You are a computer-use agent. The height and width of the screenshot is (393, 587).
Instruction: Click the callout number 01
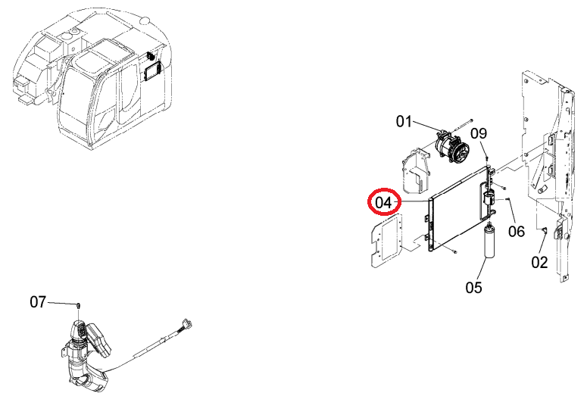404,122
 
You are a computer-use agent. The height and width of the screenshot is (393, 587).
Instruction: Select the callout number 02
539,262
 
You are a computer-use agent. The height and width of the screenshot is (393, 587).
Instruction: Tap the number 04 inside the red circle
384,202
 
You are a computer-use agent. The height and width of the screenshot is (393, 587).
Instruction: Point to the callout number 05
473,288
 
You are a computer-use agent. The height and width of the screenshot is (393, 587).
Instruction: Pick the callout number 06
517,231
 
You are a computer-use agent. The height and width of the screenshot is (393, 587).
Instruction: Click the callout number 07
38,301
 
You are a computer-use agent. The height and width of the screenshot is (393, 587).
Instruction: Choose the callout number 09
479,133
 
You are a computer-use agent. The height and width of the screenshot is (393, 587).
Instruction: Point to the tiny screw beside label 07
79,306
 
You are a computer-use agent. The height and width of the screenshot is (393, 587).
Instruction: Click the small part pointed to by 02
545,229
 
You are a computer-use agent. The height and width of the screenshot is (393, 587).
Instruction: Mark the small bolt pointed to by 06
507,198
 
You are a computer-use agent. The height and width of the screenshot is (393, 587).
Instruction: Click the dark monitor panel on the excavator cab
152,71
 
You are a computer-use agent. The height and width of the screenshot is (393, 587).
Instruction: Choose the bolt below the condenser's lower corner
454,252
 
